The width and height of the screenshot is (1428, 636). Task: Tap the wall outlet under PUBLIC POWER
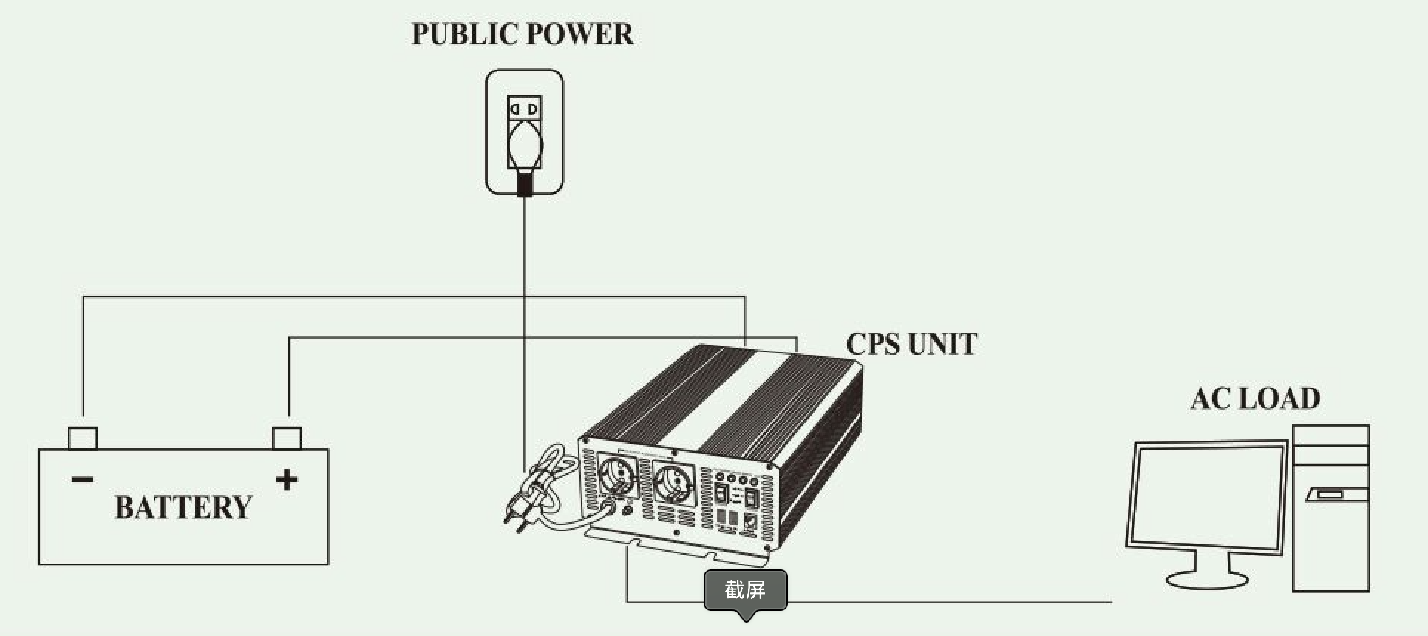(x=524, y=132)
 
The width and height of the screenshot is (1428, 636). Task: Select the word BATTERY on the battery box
(x=183, y=507)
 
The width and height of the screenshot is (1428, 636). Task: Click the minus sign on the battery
(x=83, y=480)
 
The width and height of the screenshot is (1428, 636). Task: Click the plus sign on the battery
(x=287, y=480)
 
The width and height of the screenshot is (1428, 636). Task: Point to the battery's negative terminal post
(x=83, y=438)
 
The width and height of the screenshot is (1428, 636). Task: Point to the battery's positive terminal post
(x=287, y=438)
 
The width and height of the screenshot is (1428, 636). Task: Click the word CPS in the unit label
(x=872, y=345)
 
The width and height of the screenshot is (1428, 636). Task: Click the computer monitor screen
(x=1207, y=496)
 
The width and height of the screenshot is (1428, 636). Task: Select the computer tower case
(x=1331, y=508)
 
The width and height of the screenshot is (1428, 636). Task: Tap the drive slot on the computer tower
(x=1329, y=494)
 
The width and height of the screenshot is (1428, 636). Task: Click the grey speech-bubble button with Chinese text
(x=745, y=591)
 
